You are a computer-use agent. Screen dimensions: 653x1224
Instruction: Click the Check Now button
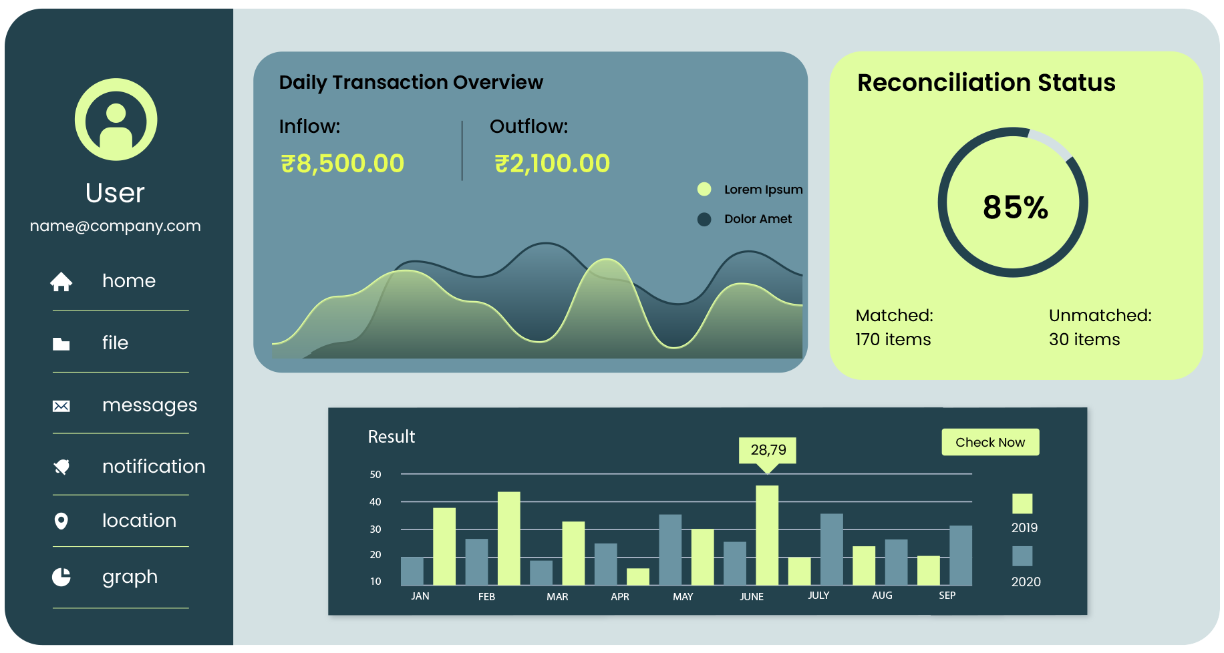pyautogui.click(x=989, y=442)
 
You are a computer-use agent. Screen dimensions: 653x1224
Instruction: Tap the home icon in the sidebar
pyautogui.click(x=61, y=282)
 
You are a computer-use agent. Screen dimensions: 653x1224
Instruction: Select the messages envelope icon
pyautogui.click(x=61, y=406)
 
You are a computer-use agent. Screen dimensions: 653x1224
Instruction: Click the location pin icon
pyautogui.click(x=61, y=521)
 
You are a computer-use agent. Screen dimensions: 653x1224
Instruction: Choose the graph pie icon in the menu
pyautogui.click(x=61, y=577)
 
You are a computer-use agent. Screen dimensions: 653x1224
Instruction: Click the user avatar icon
pyautogui.click(x=116, y=120)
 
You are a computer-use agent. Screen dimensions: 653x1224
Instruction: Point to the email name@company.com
pyautogui.click(x=116, y=226)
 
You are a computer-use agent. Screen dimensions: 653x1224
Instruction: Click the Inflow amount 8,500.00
pyautogui.click(x=342, y=164)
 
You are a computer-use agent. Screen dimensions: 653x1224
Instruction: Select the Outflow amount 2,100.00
pyautogui.click(x=552, y=164)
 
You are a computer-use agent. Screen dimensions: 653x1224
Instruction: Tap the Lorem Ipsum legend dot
pyautogui.click(x=704, y=190)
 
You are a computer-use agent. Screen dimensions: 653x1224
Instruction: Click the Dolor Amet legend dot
pyautogui.click(x=704, y=219)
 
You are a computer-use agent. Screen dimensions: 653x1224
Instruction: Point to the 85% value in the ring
pyautogui.click(x=1015, y=207)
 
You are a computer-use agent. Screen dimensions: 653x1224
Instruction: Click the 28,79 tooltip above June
pyautogui.click(x=768, y=450)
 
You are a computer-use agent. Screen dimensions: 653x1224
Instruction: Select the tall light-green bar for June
pyautogui.click(x=767, y=535)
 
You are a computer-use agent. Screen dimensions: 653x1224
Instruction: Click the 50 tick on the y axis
pyautogui.click(x=375, y=475)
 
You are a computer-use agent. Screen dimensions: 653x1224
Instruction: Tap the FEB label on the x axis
pyautogui.click(x=486, y=596)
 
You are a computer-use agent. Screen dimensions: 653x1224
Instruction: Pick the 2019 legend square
pyautogui.click(x=1022, y=503)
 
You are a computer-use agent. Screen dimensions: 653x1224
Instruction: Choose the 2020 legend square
pyautogui.click(x=1022, y=556)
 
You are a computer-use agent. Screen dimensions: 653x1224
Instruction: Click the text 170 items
pyautogui.click(x=893, y=339)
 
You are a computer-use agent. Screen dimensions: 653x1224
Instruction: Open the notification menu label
pyautogui.click(x=154, y=466)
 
